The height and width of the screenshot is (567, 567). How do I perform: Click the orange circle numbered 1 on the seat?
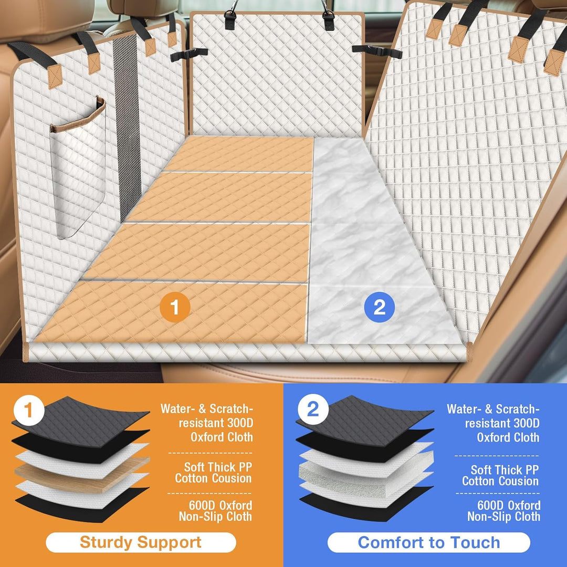tap(175, 307)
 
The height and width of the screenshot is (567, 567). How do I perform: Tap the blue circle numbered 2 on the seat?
tap(379, 307)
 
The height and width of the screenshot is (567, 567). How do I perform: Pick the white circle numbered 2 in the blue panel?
tap(313, 409)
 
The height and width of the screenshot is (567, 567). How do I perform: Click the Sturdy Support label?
tap(141, 542)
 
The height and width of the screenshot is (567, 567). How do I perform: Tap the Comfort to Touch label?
tap(429, 542)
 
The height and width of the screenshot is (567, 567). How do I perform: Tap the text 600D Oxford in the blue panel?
tap(509, 505)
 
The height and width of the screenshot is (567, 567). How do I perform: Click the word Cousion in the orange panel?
tap(232, 478)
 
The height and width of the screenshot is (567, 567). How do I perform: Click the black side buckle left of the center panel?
tap(189, 54)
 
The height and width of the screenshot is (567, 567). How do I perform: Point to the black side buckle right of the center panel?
tap(377, 51)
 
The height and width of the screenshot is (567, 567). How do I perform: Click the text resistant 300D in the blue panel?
tap(502, 423)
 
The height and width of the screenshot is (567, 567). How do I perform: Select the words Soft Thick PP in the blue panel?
tap(505, 470)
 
